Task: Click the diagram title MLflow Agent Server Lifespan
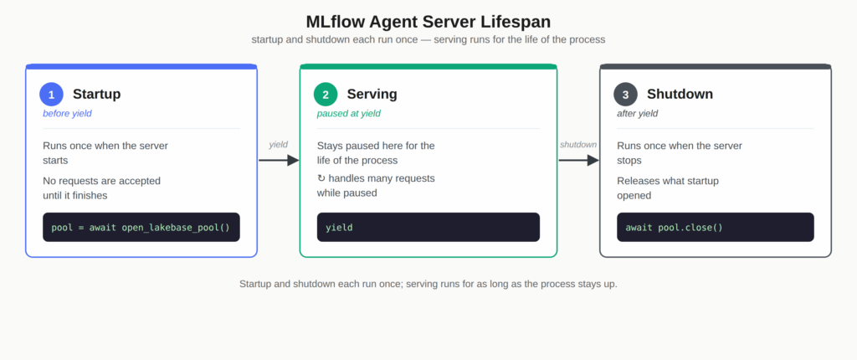pos(428,22)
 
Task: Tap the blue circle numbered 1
pos(51,94)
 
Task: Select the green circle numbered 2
pos(326,94)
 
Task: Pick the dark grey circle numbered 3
pos(625,94)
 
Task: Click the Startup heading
pos(97,94)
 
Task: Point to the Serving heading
pos(372,94)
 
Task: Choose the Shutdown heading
pos(680,94)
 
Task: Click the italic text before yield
pos(67,114)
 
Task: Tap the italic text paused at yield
pos(349,114)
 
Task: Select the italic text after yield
pos(637,114)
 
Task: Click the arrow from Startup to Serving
pos(279,160)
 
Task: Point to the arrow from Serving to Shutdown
pos(579,160)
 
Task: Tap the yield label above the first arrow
pos(278,145)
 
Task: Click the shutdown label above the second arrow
pos(578,145)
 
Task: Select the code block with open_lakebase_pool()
pos(141,227)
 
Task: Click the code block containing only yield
pos(428,227)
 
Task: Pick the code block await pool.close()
pos(716,227)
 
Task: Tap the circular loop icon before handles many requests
pos(321,179)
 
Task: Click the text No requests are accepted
pos(101,181)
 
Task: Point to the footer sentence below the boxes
pos(428,285)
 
